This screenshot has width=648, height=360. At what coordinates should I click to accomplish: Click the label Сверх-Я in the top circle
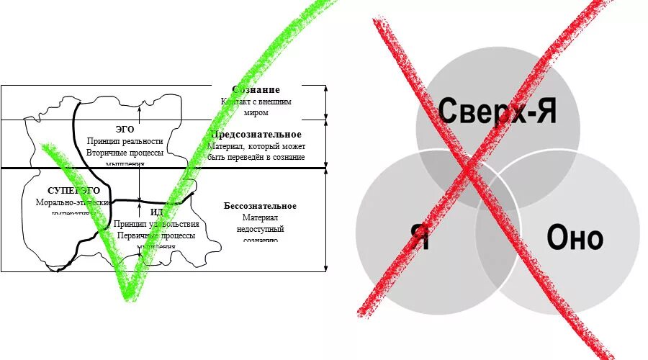click(x=498, y=112)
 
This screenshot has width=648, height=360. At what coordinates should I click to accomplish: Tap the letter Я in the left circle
click(x=420, y=237)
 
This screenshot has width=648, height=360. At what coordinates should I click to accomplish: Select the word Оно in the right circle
click(x=575, y=237)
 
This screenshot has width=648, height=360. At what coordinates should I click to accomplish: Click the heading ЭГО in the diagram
click(x=125, y=129)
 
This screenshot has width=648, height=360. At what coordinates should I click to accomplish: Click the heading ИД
click(x=157, y=212)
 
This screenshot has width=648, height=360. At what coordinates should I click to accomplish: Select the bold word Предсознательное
click(x=256, y=135)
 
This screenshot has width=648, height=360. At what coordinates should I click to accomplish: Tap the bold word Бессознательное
click(x=259, y=206)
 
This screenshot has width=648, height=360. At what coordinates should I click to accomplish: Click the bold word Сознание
click(x=256, y=90)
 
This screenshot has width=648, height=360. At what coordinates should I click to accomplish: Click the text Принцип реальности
click(x=125, y=141)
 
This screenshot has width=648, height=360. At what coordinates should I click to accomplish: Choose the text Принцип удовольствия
click(x=156, y=225)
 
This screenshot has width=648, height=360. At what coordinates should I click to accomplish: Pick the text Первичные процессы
click(x=156, y=236)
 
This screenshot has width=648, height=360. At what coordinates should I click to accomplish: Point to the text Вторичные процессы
click(x=125, y=153)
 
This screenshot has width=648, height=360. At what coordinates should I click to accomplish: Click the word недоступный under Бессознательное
click(x=260, y=229)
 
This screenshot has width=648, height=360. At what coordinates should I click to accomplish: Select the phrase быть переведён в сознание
click(x=256, y=157)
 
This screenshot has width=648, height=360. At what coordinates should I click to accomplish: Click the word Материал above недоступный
click(x=260, y=217)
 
